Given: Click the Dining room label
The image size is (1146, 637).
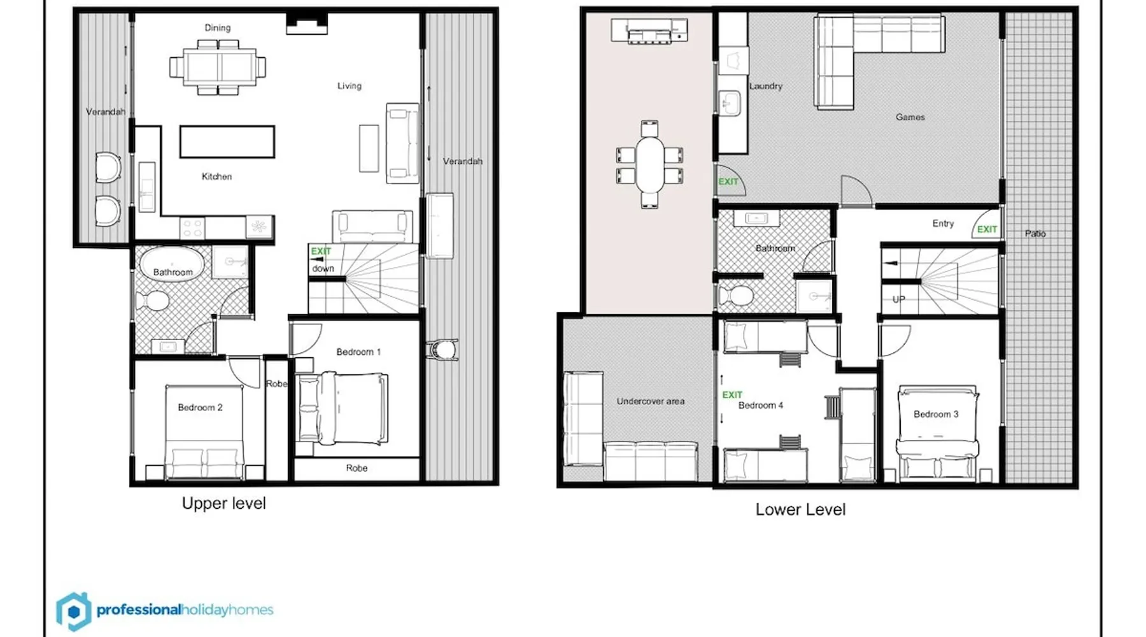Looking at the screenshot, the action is pos(218,28).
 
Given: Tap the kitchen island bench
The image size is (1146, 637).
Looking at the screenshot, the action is pos(227,141).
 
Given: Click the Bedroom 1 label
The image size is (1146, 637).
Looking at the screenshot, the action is pos(358,352).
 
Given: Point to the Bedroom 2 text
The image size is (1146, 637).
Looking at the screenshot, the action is pos(200,407).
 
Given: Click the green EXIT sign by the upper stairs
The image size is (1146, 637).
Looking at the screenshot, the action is pos(321,251).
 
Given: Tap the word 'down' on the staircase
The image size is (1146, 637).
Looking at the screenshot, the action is pos(323,268).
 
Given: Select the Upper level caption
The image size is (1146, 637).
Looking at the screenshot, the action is pos(223,503).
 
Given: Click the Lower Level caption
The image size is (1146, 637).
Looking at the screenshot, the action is pos(800,510).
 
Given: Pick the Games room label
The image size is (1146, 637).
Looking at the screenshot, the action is pos(910,117).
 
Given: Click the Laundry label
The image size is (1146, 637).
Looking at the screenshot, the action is pos(765,86).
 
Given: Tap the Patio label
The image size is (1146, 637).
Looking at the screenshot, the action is pos(1035,233).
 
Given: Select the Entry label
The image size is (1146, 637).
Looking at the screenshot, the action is pos(943,224).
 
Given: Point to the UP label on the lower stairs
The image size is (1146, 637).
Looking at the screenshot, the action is pos(898,299).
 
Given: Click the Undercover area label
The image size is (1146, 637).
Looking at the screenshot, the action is pos(650,401).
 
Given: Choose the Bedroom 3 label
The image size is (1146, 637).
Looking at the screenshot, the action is pos(936,414).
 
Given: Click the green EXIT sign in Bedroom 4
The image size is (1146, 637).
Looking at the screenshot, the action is pos(732,395).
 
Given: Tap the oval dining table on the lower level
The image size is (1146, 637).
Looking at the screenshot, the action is pos(649,164).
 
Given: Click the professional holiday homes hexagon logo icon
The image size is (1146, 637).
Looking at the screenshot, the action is pos(73,612).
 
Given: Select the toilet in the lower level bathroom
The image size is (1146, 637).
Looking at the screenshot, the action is pos(736,296).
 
